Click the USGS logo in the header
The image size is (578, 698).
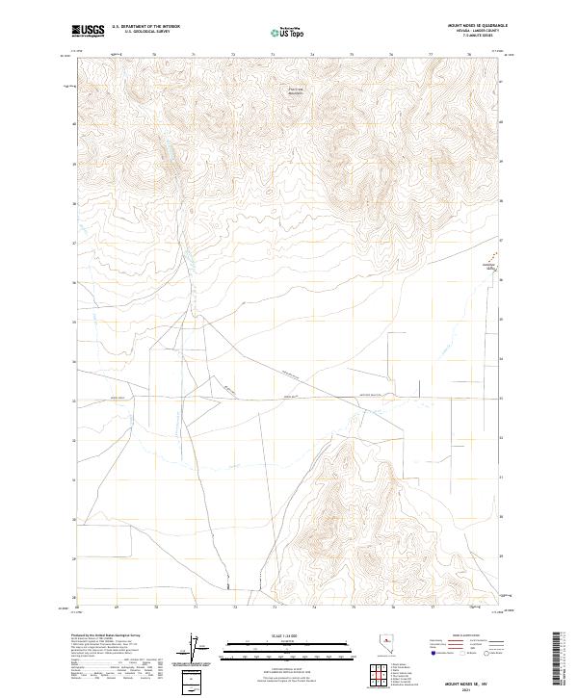coord(89,31)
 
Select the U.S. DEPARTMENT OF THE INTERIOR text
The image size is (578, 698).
coord(145,26)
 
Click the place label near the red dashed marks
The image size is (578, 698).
coord(488,266)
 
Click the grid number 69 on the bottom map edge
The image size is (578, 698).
coord(116,608)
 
